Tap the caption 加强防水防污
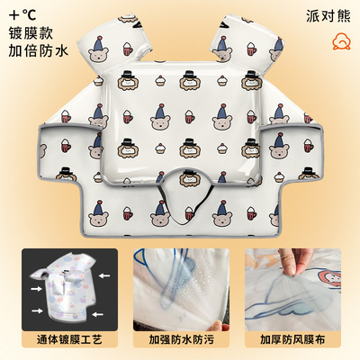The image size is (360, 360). (x=180, y=341)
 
